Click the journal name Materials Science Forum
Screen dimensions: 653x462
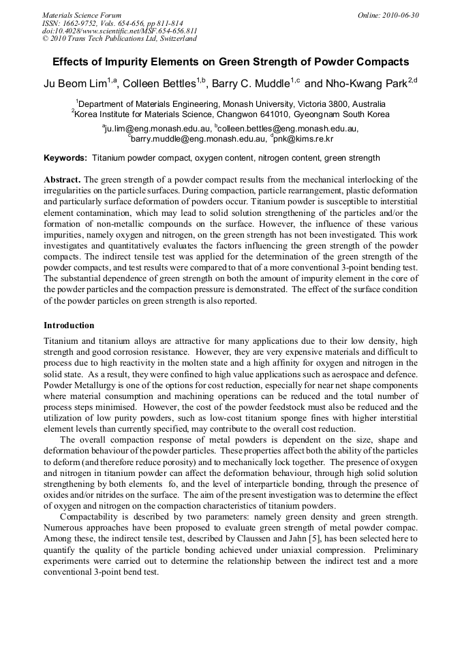[x=82, y=14]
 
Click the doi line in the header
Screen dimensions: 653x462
[x=119, y=31]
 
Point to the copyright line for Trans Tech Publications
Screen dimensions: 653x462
[x=119, y=39]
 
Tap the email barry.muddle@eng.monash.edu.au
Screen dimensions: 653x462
[x=198, y=139]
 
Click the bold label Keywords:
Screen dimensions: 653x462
[x=65, y=158]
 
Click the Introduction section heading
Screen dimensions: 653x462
[x=69, y=325]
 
